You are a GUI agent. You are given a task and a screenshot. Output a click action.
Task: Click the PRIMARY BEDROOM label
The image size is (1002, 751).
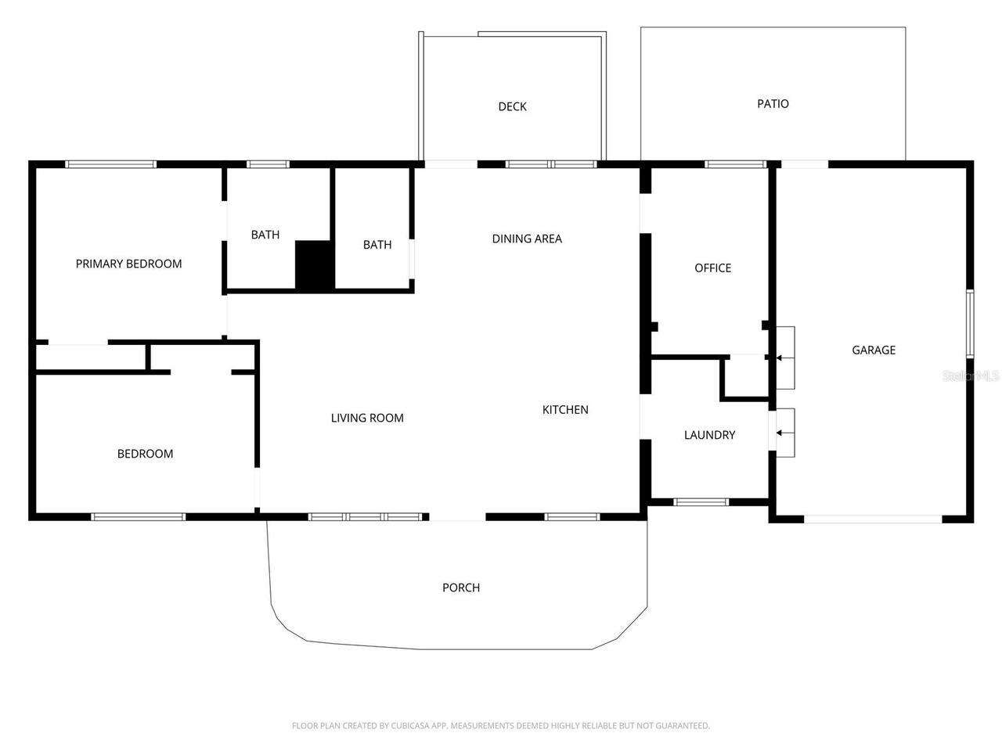(128, 264)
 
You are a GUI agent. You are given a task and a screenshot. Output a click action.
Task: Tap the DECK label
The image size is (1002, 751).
(512, 106)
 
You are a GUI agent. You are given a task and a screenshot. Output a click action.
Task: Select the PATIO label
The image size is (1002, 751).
(773, 103)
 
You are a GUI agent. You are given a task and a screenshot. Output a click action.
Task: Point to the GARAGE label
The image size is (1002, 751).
(874, 350)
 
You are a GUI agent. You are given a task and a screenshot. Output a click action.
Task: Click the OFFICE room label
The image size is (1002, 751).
(712, 268)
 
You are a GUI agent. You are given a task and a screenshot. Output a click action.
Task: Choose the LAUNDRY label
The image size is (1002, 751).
(709, 435)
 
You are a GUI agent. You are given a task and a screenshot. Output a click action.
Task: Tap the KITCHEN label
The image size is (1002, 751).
(565, 409)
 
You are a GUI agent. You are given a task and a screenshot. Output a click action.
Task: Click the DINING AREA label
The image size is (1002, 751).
(527, 239)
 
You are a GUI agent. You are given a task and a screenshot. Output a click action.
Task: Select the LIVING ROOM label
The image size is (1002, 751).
(367, 418)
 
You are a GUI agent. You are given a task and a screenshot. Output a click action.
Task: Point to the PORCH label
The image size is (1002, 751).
(461, 588)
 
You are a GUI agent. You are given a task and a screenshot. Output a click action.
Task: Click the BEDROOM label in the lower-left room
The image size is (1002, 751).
(145, 454)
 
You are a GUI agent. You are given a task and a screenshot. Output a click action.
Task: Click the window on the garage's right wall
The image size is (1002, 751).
(969, 324)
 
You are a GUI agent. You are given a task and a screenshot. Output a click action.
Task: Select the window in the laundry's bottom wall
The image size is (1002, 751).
(701, 502)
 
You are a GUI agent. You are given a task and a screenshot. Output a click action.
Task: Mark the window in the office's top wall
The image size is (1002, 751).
(735, 164)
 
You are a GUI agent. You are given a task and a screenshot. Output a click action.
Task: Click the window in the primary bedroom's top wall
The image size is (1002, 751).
(110, 164)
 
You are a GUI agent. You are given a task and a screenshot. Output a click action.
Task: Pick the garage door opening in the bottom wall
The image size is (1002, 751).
(873, 519)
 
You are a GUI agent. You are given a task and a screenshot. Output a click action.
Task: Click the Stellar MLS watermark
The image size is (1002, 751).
(971, 376)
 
